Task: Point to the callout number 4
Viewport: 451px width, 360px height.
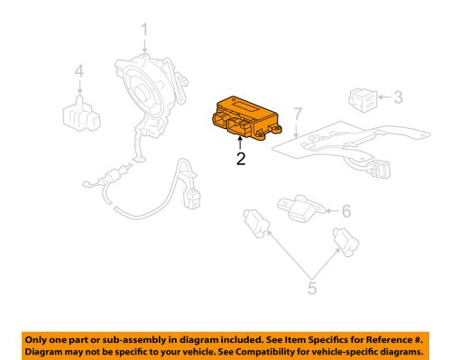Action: tap(79, 71)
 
